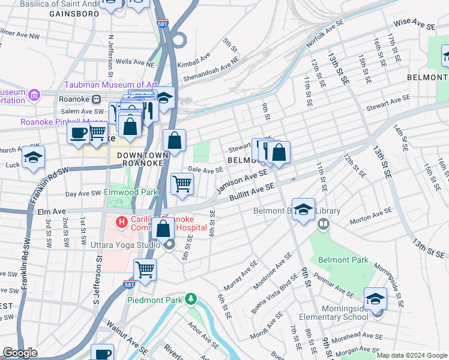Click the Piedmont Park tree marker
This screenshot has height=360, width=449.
[191, 298]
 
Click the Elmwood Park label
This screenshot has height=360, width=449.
[131, 193]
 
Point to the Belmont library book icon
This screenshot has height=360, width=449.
[324, 224]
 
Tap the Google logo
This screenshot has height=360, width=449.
[20, 353]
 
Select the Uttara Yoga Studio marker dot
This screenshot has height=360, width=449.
[170, 244]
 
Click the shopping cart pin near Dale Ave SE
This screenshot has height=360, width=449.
[182, 184]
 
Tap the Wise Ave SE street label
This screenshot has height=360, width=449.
[414, 25]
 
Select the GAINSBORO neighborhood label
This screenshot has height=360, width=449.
[74, 13]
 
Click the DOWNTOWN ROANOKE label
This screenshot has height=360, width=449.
[140, 158]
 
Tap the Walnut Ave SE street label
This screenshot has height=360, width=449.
[127, 338]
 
